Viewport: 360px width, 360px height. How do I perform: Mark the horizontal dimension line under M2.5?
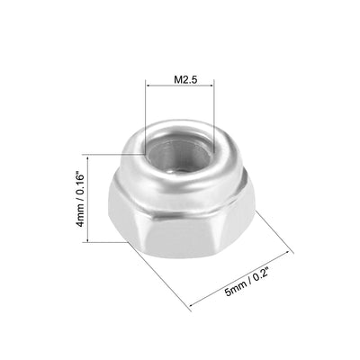(x=180, y=86)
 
